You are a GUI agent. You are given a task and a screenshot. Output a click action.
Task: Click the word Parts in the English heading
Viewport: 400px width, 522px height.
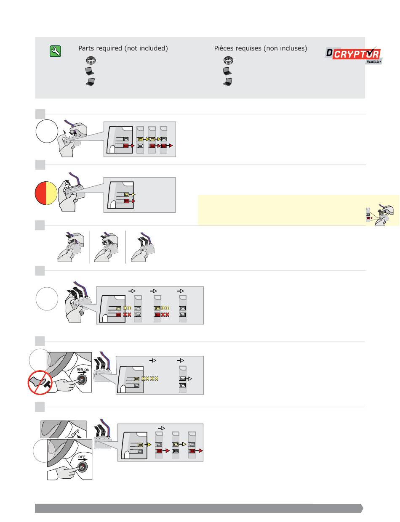pyautogui.click(x=87, y=48)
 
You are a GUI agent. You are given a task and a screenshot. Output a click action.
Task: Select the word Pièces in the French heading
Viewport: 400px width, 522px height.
pyautogui.click(x=224, y=48)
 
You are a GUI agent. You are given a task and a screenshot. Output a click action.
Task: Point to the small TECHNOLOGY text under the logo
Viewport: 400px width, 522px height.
pyautogui.click(x=373, y=62)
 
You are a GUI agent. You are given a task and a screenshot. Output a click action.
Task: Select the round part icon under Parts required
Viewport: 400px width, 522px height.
pyautogui.click(x=90, y=60)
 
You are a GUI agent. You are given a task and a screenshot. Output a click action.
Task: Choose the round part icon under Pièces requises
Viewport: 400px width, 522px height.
pyautogui.click(x=227, y=60)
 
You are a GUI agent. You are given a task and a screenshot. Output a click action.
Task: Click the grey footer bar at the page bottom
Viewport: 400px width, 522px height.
pyautogui.click(x=198, y=508)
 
